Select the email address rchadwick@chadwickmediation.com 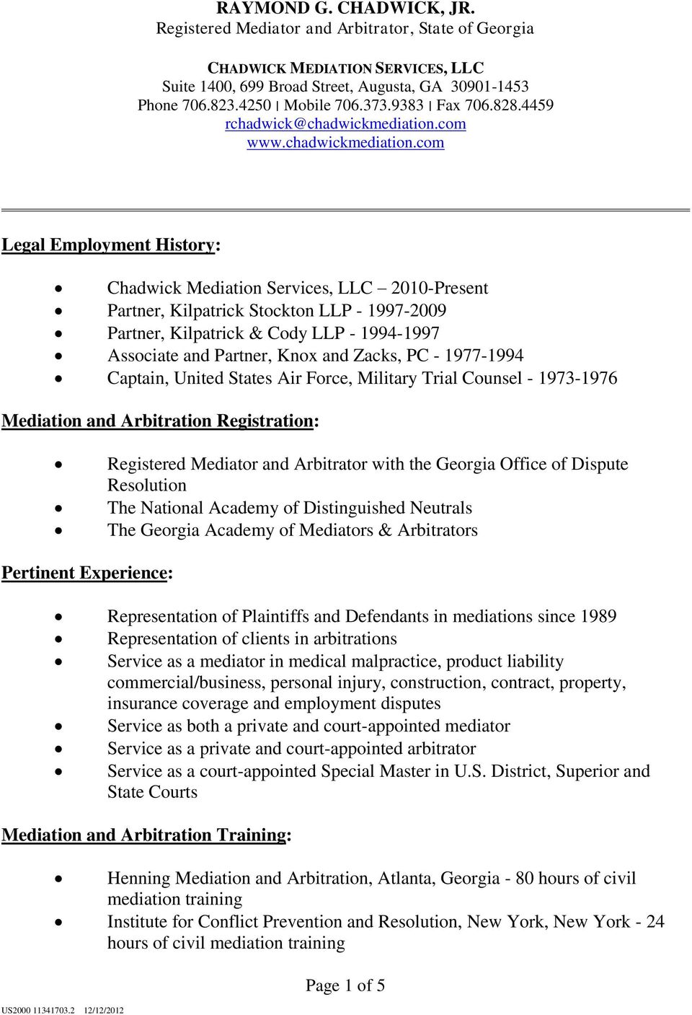click(345, 123)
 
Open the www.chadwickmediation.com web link click(345, 142)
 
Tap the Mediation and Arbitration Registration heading click(159, 421)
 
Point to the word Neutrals click(440, 508)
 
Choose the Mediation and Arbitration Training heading click(146, 835)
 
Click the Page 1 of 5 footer click(345, 985)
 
